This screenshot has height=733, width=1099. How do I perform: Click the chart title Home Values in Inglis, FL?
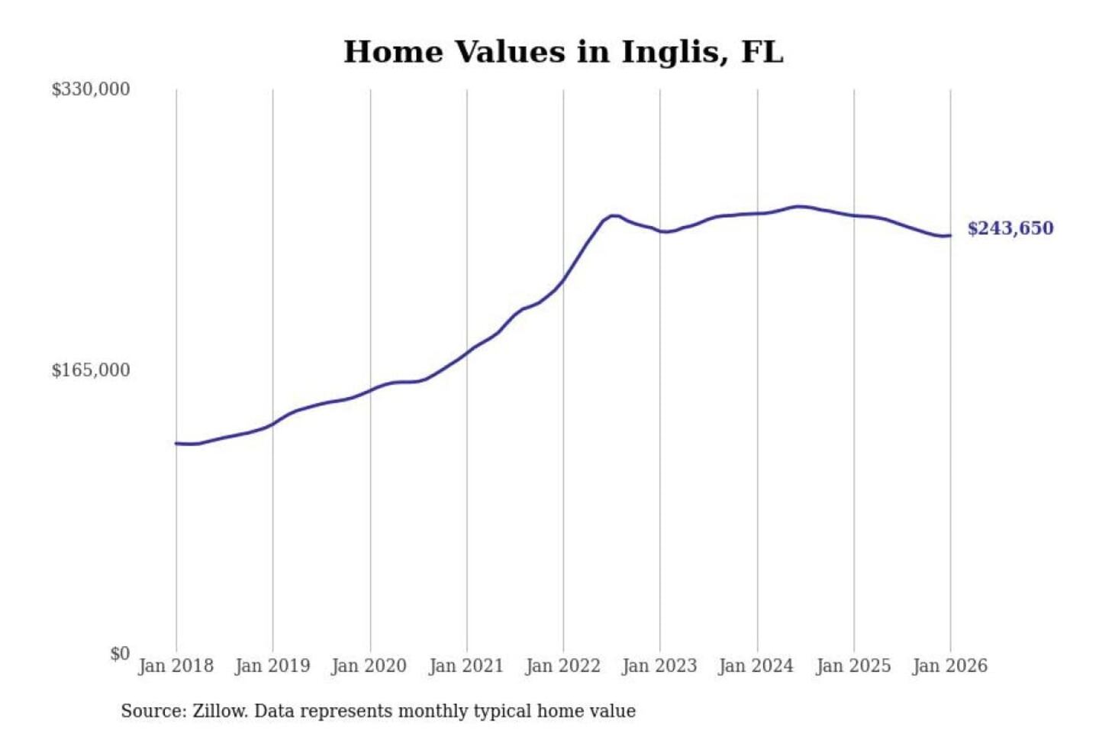coord(563,52)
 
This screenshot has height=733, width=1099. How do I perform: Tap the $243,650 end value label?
coord(1010,228)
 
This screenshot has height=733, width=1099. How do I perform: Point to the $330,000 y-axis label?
coord(91,89)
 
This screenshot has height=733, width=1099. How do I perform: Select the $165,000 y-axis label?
coord(91,370)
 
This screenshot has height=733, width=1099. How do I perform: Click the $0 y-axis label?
coord(120,654)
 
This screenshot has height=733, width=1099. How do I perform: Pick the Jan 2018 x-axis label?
coord(176,666)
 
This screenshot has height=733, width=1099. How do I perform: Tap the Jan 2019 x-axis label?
coord(272,666)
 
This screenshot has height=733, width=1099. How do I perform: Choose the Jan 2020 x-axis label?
coord(369,666)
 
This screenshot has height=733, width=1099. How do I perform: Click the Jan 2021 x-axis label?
coord(466,666)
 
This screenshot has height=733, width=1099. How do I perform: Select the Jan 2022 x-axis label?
coord(563,666)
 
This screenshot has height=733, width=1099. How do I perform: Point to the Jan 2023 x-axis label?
coord(660,666)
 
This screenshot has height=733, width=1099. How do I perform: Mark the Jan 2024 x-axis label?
coord(756,666)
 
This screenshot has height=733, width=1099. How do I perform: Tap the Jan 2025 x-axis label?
coord(853,666)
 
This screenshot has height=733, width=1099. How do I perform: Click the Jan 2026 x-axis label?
coord(950,666)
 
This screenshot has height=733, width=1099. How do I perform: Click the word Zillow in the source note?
coord(219,712)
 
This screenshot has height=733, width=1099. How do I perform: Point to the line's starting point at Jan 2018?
coord(176,443)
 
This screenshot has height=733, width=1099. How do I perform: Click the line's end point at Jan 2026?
coord(950,235)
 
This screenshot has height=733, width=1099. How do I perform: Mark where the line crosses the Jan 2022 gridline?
coord(563,281)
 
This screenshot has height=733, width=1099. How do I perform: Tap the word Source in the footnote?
coord(153,712)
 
